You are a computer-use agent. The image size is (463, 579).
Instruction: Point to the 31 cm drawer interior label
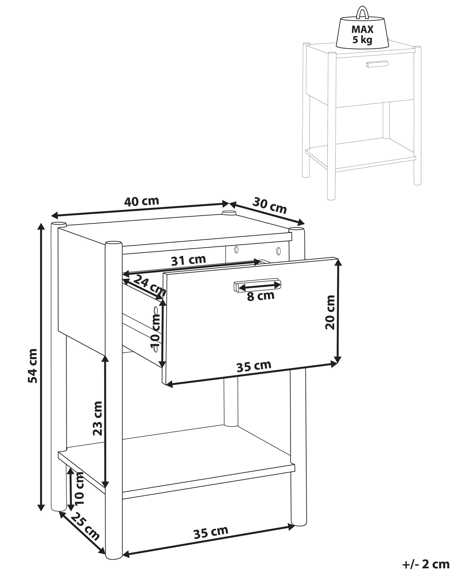tap(188, 260)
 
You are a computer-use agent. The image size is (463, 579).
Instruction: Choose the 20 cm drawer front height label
tap(330, 312)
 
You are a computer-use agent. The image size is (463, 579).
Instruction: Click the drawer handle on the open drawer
tap(257, 284)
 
